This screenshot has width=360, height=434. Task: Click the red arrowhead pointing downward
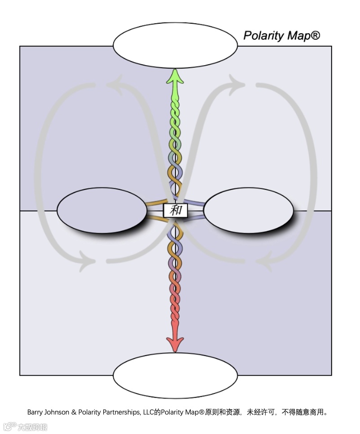(x=175, y=343)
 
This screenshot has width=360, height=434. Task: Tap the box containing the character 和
(x=176, y=210)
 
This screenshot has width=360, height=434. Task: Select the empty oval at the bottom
(x=175, y=375)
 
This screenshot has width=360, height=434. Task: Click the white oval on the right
(x=248, y=210)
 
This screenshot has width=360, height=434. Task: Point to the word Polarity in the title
(x=263, y=35)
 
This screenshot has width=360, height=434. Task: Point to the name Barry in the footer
(x=35, y=412)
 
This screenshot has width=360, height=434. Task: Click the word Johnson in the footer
(x=58, y=412)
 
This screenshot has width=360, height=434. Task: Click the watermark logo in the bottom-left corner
(x=25, y=426)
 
